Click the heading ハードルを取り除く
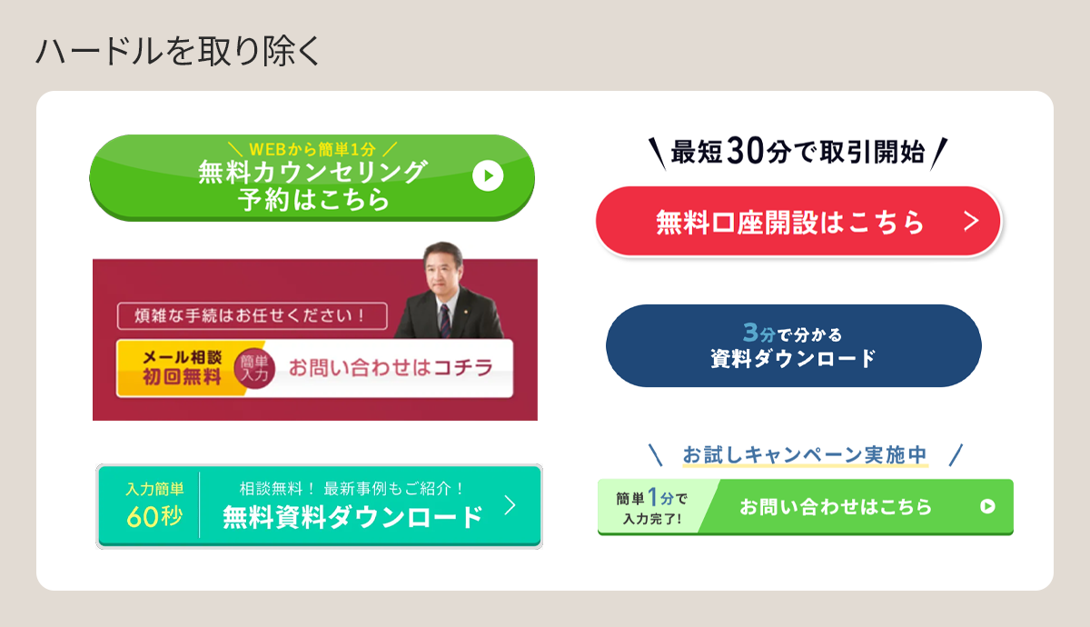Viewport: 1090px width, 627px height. tap(178, 51)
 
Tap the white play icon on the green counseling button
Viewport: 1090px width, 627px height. tap(488, 175)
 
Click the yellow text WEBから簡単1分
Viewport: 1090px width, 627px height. tap(312, 149)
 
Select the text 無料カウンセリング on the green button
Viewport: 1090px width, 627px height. tap(312, 173)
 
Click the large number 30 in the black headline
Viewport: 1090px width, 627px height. tap(745, 152)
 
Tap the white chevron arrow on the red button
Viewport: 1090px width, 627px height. tap(971, 222)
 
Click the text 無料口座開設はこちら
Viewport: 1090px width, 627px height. tap(789, 223)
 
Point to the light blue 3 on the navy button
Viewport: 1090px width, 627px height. tap(751, 333)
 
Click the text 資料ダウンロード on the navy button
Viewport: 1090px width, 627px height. tap(793, 359)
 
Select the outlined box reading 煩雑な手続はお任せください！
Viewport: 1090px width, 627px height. tap(253, 316)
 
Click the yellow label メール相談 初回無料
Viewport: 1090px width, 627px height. tap(182, 367)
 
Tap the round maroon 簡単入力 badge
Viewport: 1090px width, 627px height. tap(254, 369)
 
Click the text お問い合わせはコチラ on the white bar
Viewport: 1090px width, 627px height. tap(391, 368)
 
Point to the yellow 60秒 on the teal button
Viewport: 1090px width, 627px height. tap(154, 516)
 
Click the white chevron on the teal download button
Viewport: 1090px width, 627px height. tap(510, 506)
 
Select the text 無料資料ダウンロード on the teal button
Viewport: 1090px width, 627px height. tap(352, 517)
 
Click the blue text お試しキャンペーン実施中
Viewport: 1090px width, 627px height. tap(805, 454)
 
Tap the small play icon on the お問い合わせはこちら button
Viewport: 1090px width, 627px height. tap(987, 506)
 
